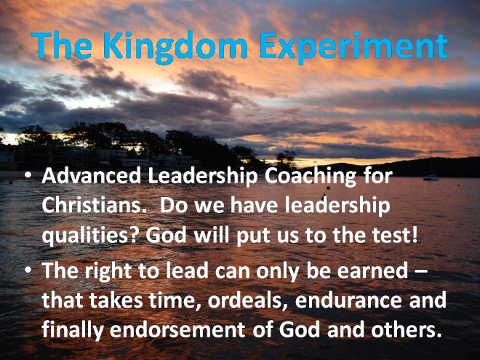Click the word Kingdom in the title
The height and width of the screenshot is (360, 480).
(175, 47)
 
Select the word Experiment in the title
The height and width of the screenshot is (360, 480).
(353, 47)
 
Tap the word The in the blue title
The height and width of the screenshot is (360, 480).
(61, 45)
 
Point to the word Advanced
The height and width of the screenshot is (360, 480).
(91, 176)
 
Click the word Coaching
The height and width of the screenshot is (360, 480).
(310, 177)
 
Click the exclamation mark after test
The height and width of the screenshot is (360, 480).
(415, 235)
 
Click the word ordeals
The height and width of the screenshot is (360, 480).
(244, 300)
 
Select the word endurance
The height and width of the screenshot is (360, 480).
(348, 300)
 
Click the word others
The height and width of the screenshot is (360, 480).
(407, 329)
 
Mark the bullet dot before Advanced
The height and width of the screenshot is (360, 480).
(28, 177)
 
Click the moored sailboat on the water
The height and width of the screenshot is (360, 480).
(431, 177)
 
